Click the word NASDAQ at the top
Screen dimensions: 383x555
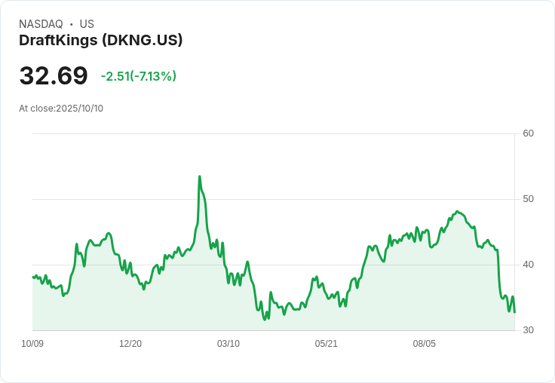pos(41,24)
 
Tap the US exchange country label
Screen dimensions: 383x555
pos(87,24)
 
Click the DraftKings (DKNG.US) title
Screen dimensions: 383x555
pos(101,41)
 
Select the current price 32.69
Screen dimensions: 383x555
pos(54,76)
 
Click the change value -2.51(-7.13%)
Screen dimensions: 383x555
pos(139,76)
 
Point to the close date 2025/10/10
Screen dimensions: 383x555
pos(79,109)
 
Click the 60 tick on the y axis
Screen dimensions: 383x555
pos(529,134)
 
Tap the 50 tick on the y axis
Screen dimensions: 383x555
pos(529,199)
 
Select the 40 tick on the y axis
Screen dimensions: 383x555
pos(529,265)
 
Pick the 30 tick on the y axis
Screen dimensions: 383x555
pos(529,330)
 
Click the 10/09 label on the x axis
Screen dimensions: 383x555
pos(32,344)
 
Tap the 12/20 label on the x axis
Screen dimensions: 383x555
pos(130,344)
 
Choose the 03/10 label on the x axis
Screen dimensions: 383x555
pos(228,344)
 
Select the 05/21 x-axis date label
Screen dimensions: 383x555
pos(327,344)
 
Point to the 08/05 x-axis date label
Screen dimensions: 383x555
pos(425,344)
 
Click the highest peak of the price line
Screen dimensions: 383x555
pos(199,176)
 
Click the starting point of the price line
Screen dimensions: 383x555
pos(32,277)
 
